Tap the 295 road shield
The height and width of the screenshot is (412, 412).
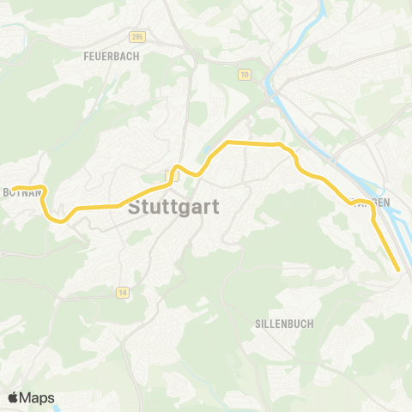tap(137, 37)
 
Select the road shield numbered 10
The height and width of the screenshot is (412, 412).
tap(245, 76)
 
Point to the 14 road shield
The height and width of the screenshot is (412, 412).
tap(124, 292)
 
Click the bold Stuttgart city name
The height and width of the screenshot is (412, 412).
tap(173, 208)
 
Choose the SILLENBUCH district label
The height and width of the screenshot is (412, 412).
tap(284, 324)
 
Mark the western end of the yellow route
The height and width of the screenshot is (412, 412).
tap(14, 188)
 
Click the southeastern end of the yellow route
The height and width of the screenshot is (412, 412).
tap(399, 270)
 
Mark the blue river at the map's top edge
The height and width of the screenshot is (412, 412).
tap(323, 7)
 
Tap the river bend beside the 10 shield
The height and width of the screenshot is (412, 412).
tap(270, 86)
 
